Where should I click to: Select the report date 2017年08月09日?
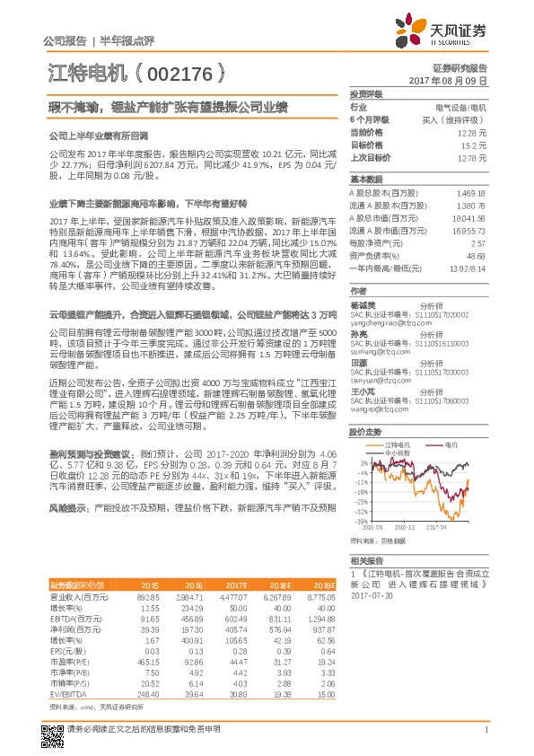tap(447, 81)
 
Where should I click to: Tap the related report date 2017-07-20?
tap(372, 594)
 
